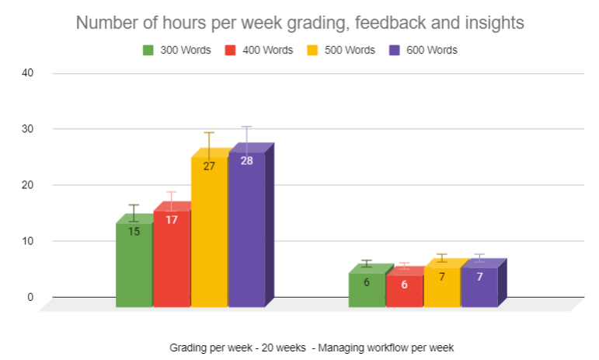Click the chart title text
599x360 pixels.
(x=299, y=23)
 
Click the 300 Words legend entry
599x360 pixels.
(x=176, y=50)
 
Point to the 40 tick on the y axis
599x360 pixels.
(x=29, y=73)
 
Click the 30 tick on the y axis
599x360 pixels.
(x=29, y=129)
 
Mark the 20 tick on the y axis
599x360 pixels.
(x=29, y=185)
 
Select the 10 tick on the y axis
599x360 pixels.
(x=29, y=241)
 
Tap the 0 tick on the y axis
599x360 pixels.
(x=31, y=297)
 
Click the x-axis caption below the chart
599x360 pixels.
(x=312, y=347)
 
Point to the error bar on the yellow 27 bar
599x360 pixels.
(x=209, y=145)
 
